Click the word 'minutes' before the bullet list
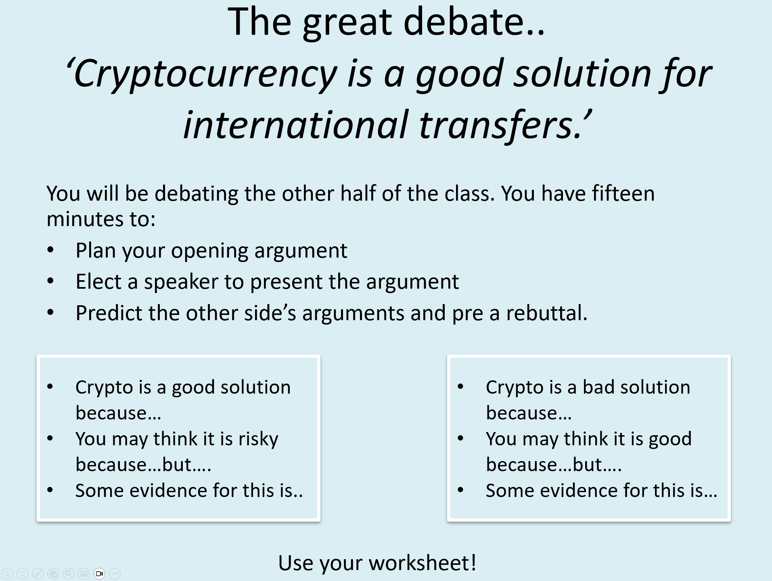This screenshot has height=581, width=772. click(85, 219)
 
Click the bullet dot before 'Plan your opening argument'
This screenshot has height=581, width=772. click(50, 250)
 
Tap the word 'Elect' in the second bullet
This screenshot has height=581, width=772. click(98, 281)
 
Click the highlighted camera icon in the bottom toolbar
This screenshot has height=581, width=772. click(99, 573)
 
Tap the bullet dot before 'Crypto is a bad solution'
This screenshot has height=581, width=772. click(461, 387)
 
